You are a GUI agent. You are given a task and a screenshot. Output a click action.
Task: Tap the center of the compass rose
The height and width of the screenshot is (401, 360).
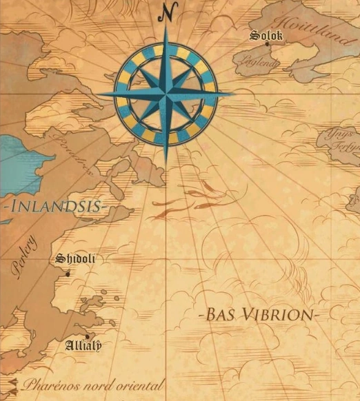coord(166,94)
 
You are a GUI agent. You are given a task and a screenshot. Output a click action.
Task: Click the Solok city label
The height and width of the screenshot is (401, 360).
coord(266,34)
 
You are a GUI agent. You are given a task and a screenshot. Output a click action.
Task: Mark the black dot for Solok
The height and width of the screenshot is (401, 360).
coord(268,44)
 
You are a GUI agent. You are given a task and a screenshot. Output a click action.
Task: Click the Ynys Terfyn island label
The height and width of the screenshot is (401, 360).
coord(343,140)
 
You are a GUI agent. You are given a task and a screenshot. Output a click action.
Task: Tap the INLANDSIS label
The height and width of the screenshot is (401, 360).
coord(53,205)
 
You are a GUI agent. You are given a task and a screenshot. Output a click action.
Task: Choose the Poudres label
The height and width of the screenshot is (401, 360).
coord(75,161)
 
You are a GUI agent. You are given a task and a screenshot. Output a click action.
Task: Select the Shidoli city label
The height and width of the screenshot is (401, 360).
coord(75,259)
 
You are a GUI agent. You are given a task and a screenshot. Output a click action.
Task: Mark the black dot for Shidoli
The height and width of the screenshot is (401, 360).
coord(68,274)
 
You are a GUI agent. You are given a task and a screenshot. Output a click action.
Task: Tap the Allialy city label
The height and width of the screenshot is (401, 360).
coord(83,345)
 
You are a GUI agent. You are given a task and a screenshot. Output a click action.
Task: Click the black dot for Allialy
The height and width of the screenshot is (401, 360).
coord(87,337)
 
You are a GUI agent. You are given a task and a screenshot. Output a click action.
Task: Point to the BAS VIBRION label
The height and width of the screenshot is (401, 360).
coord(259,315)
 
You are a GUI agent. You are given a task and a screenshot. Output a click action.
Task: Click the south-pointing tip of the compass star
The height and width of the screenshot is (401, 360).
coord(166,162)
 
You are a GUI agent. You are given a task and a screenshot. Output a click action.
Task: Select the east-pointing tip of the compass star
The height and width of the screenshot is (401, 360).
coord(233,93)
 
